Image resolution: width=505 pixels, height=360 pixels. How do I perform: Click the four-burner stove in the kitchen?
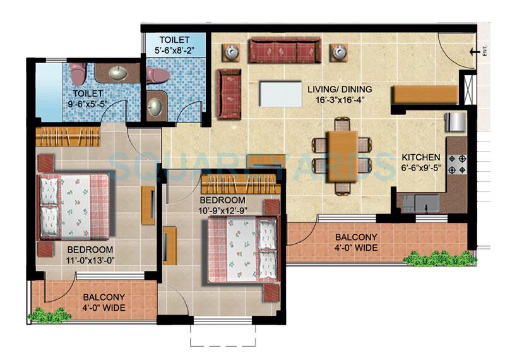coord(458,164)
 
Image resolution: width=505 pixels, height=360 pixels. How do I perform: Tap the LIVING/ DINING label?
coord(340,88)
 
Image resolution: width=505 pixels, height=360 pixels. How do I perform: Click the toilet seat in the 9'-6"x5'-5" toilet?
coord(78,73)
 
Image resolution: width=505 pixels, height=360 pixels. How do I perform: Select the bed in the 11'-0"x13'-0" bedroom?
coord(74,207)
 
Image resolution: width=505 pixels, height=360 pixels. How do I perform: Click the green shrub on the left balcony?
coord(49,314)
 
